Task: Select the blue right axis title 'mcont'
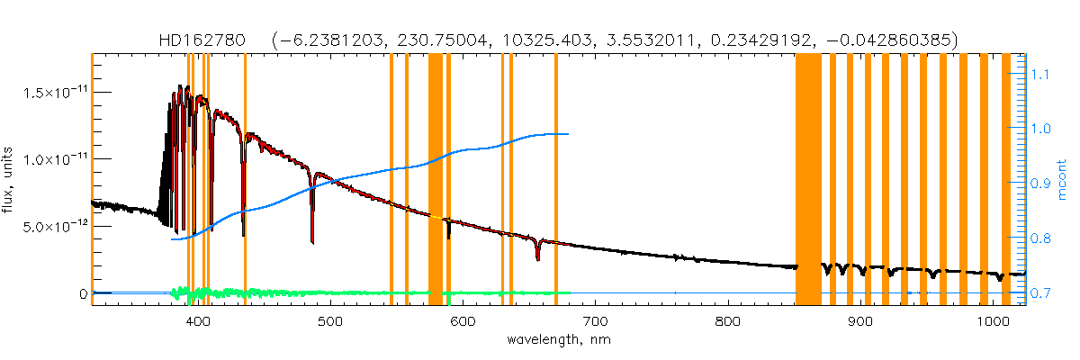point(1064,178)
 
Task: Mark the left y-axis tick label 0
point(82,294)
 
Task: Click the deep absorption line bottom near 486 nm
point(312,241)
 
